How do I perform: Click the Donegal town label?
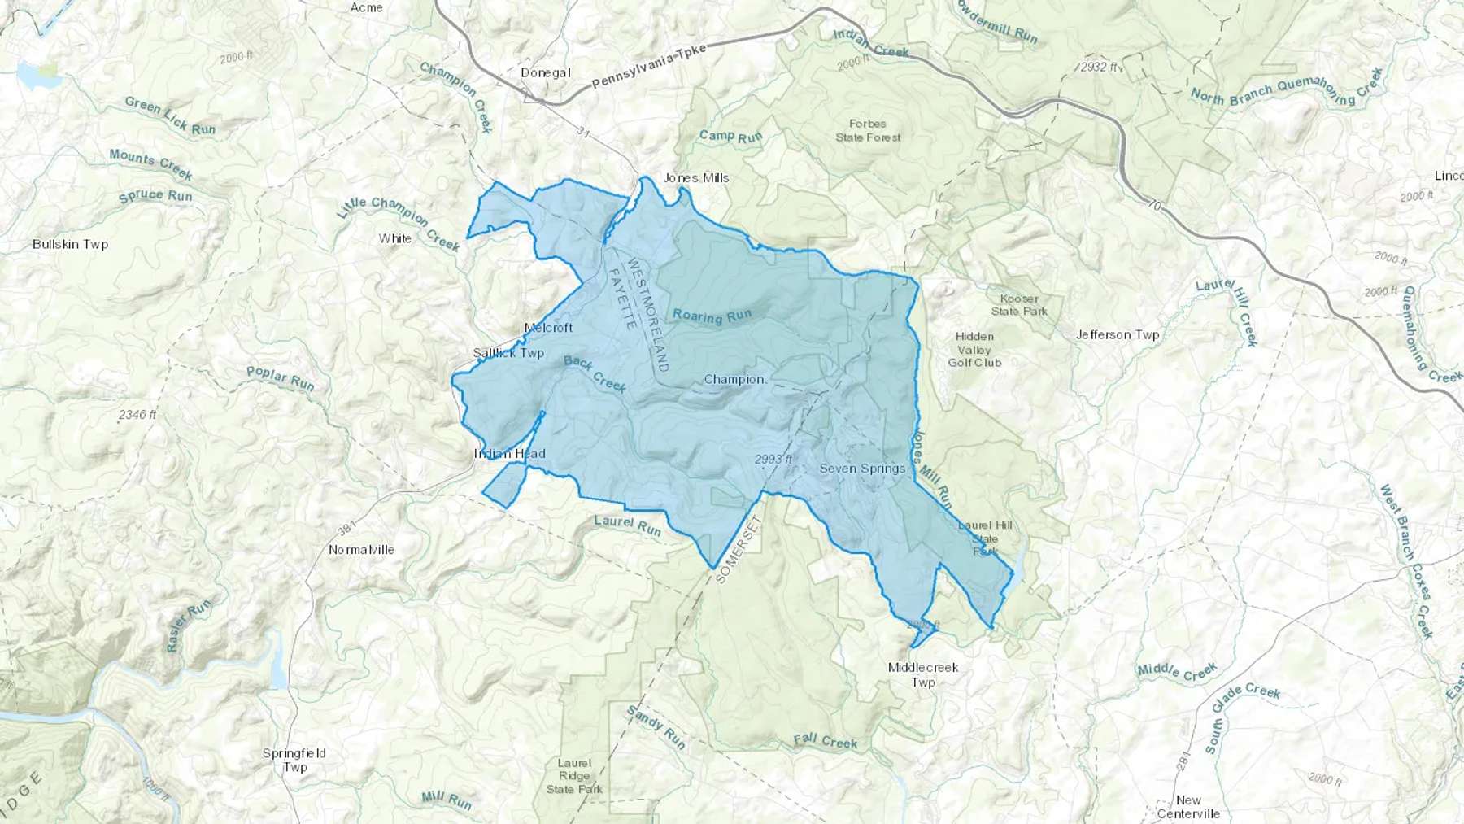pos(545,72)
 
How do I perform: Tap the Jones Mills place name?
pos(696,177)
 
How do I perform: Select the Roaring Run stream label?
pos(712,316)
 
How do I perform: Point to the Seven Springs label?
pos(862,469)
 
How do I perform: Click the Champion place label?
pos(734,379)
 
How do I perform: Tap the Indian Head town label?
pos(510,454)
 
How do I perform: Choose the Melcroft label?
pos(548,328)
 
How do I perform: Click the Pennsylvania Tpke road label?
pos(648,67)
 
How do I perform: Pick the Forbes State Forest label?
pos(868,130)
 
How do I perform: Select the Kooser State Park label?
pos(1019,304)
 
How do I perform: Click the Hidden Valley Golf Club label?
pos(974,349)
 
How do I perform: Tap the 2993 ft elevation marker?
pos(773,460)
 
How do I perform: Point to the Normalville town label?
pos(361,550)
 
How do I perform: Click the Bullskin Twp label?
pos(70,244)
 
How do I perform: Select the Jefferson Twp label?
pos(1118,334)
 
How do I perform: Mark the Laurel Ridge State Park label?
pos(574,776)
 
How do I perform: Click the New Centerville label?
pos(1188,806)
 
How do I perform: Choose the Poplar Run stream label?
pos(280,378)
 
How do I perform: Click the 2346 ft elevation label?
pos(137,415)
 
